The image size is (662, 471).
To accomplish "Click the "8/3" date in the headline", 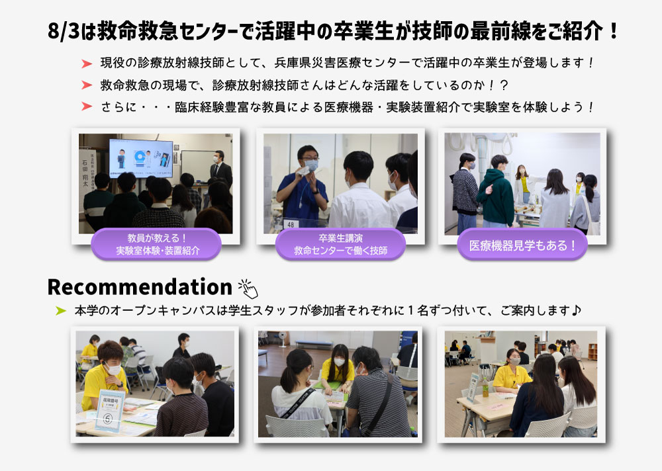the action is pos(63,31).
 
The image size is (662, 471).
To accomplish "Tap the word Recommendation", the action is pos(140,287).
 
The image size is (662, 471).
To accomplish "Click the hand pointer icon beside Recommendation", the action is pos(248,288).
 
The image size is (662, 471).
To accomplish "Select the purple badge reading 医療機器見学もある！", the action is pos(522,245).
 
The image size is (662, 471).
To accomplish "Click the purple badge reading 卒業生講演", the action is pos(340,244).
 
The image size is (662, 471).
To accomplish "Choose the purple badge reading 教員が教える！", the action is pos(157,244).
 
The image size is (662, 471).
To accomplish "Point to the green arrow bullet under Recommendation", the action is pos(61,311).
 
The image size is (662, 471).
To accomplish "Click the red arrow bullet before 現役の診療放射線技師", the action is pos(87,64).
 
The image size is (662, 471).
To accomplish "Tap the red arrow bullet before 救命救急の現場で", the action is pos(87,85).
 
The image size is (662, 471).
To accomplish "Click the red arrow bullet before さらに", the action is pos(87,107).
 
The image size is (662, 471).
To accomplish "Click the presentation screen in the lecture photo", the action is pos(140,158).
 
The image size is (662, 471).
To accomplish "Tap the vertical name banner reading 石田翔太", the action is pos(87,177).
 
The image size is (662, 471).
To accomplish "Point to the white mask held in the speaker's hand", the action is pos(303,171).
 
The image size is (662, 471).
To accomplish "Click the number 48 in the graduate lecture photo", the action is pos(291,224).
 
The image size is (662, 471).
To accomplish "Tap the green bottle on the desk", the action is pos(485,388).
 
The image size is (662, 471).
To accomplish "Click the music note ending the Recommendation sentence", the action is pos(576,311).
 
